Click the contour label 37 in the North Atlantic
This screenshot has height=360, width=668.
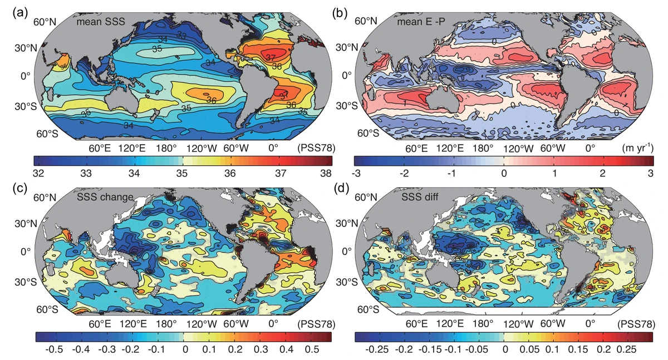coord(271,57)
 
